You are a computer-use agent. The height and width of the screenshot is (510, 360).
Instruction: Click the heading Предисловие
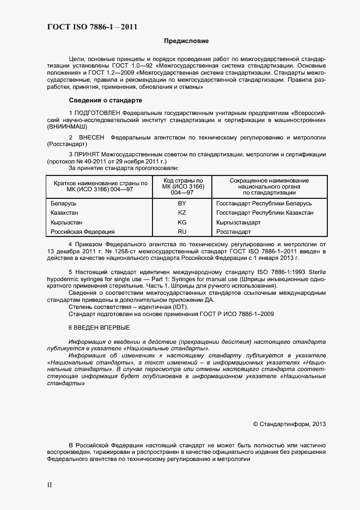coord(186,41)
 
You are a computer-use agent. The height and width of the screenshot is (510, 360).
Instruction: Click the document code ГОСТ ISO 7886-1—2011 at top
coord(87,26)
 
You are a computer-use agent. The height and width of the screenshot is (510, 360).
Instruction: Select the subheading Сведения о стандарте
coord(105,100)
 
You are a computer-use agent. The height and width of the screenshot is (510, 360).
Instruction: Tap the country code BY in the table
coord(182,203)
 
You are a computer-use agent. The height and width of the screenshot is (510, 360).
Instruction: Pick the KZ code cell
coord(182,212)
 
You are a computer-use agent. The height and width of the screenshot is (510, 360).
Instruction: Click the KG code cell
coord(182,222)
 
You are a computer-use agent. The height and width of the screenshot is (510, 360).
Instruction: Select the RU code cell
coord(182,232)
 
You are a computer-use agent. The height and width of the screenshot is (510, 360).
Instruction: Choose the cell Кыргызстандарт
coord(239,222)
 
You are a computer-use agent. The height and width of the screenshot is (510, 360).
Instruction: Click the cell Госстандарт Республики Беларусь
coord(264,203)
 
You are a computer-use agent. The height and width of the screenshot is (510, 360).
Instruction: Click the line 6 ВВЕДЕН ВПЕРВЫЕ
coord(99,327)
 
